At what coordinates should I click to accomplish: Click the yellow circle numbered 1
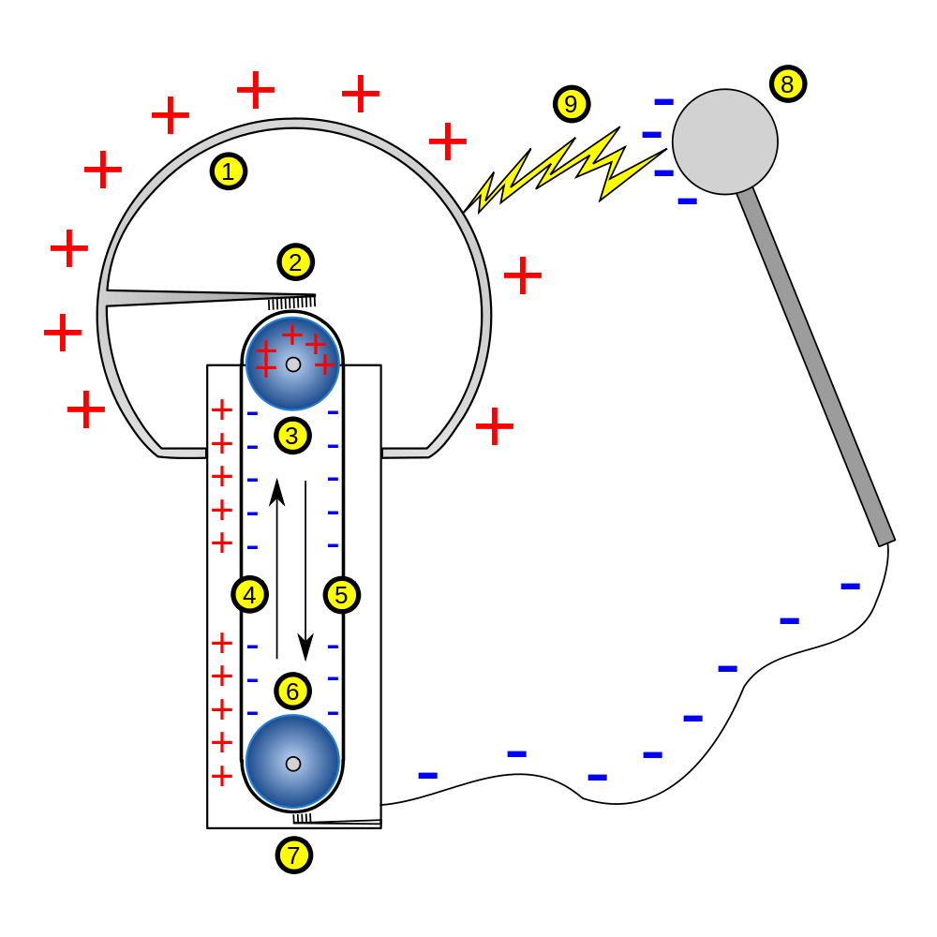coord(228,171)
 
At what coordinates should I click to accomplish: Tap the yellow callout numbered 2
coord(295,262)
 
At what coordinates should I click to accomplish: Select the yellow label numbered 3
coord(292,435)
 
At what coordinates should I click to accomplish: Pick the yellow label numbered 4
coord(249,594)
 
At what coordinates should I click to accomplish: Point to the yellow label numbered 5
coord(341,594)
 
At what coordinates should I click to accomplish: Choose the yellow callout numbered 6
coord(292,691)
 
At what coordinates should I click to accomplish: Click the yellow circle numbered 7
coord(293,855)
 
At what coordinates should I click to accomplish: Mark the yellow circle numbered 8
coord(787,84)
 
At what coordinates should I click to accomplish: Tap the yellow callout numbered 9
coord(571,104)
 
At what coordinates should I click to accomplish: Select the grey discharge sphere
coord(724,141)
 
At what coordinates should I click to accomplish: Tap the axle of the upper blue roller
coord(293,364)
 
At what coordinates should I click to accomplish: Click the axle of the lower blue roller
coord(293,764)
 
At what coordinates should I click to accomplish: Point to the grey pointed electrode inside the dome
coord(187,298)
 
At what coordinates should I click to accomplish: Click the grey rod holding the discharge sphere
coord(815,365)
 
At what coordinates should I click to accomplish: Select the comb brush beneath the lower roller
coord(302,818)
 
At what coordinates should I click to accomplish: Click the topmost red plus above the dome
coord(256,89)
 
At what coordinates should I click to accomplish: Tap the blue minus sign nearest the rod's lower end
coord(850,586)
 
